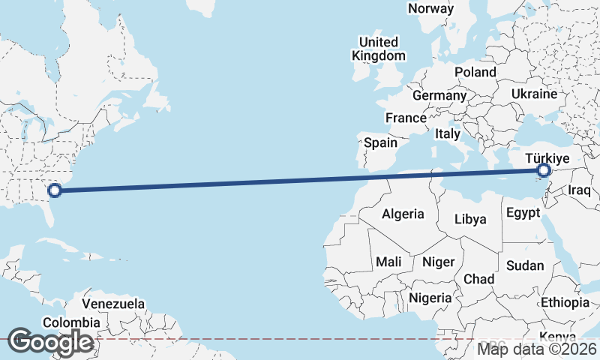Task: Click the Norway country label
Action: (430, 9)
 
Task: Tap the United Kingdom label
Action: (379, 48)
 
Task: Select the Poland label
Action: (475, 72)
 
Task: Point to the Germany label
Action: (439, 96)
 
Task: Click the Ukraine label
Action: (534, 94)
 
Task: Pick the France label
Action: (406, 118)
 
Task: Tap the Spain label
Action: (380, 142)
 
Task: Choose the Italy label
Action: (448, 133)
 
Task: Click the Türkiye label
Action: (548, 158)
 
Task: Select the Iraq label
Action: (580, 190)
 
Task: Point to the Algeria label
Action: (403, 214)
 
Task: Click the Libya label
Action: (471, 220)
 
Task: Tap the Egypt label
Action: (523, 212)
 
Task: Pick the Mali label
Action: (388, 262)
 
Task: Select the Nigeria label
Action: (430, 298)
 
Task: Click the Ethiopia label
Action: (565, 302)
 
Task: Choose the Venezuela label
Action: (113, 304)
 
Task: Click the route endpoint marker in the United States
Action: (53, 190)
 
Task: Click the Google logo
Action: (50, 343)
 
